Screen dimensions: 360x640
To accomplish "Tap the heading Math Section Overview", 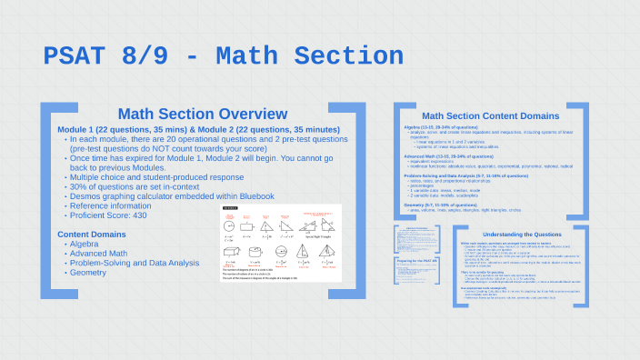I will (x=203, y=114).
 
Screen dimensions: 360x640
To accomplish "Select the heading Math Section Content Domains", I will (x=491, y=116).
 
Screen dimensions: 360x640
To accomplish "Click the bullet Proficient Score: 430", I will (x=108, y=215).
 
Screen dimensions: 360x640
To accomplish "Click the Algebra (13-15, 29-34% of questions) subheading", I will (x=451, y=127).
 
